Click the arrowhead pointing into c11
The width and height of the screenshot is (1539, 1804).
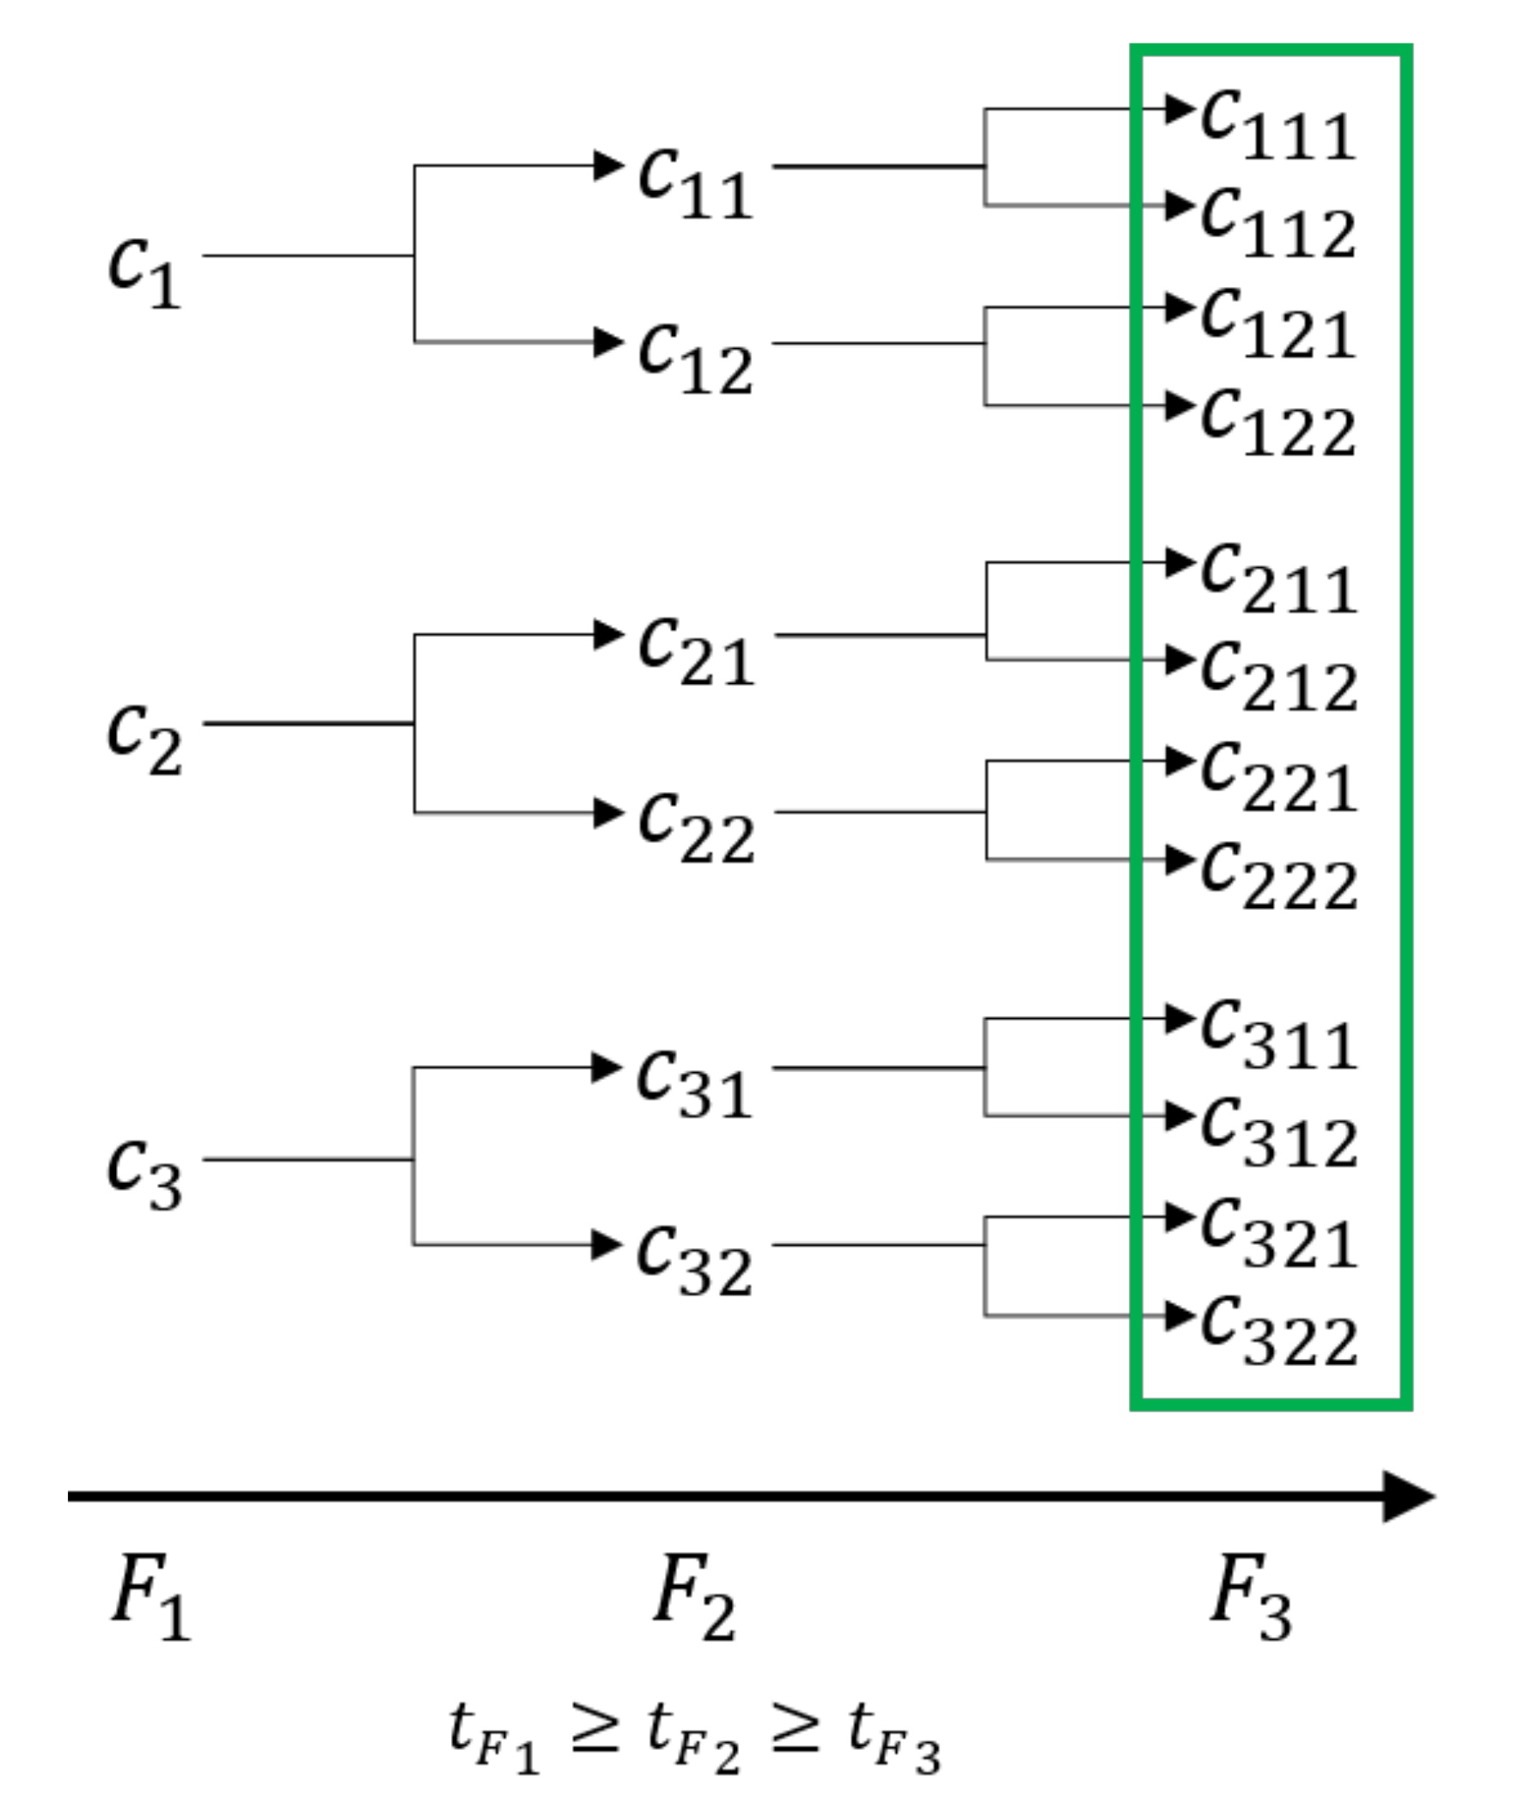(608, 165)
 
